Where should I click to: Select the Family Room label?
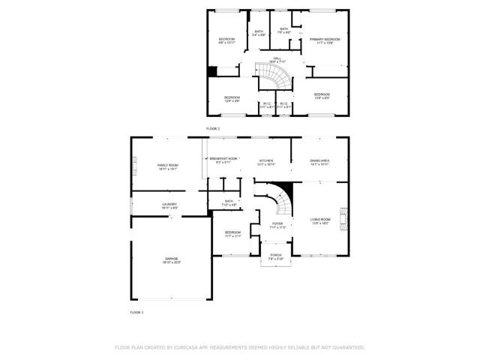(x=167, y=165)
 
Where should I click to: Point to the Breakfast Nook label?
(x=223, y=160)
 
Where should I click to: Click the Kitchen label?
(x=267, y=160)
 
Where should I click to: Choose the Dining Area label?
(x=319, y=160)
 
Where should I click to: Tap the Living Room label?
(x=320, y=219)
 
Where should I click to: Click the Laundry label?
(x=169, y=205)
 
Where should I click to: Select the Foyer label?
(x=277, y=223)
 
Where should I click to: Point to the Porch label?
(x=276, y=255)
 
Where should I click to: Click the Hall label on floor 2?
(x=277, y=58)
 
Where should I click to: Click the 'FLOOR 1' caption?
(x=136, y=311)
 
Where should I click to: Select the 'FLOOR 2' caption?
(x=214, y=129)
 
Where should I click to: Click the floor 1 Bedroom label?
(x=232, y=232)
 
